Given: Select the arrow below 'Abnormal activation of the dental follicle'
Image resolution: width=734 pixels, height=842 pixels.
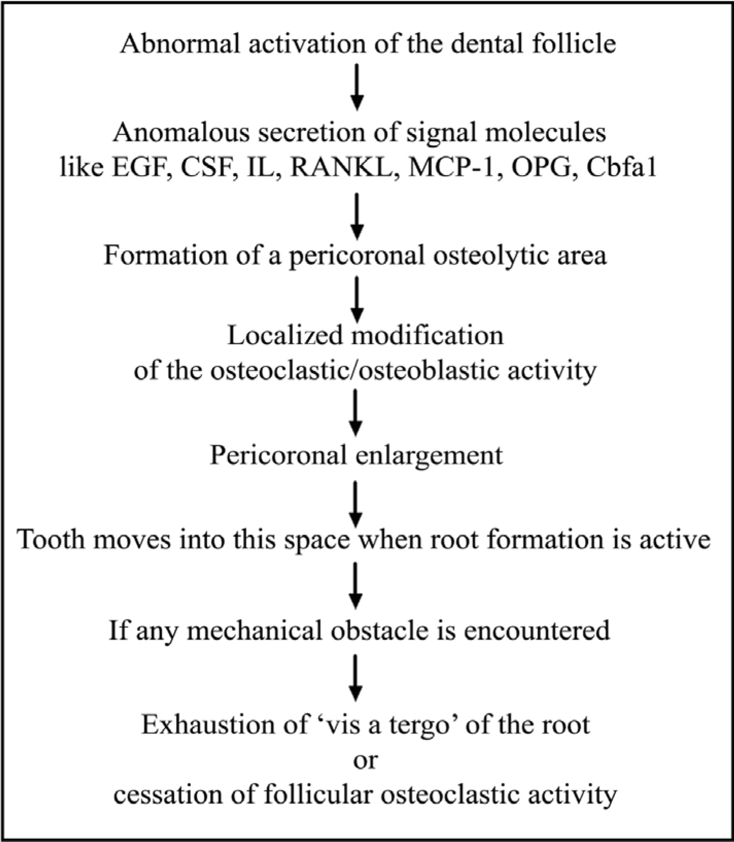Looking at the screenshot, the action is click(357, 86).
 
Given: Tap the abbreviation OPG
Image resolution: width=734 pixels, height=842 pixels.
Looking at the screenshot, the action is click(544, 167).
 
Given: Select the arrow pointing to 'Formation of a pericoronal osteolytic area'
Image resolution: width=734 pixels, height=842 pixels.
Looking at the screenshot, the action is click(357, 216).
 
